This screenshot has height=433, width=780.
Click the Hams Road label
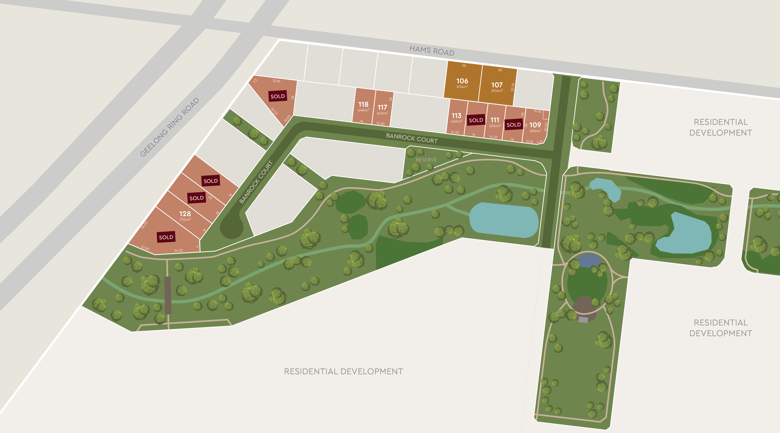click(x=432, y=51)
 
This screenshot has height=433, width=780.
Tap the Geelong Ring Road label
click(x=170, y=127)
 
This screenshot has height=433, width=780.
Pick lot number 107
click(x=497, y=85)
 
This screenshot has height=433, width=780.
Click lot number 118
click(x=363, y=104)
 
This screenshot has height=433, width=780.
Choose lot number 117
click(x=382, y=107)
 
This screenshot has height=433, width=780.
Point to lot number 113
click(x=456, y=116)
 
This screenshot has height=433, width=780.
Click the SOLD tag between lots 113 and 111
click(x=476, y=120)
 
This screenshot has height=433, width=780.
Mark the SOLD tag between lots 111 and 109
click(x=514, y=125)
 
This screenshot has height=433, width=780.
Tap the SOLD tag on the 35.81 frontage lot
click(x=278, y=96)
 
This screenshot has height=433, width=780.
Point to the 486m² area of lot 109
click(x=535, y=131)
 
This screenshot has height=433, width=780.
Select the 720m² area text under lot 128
click(x=185, y=220)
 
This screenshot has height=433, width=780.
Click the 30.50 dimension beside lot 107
click(x=512, y=87)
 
